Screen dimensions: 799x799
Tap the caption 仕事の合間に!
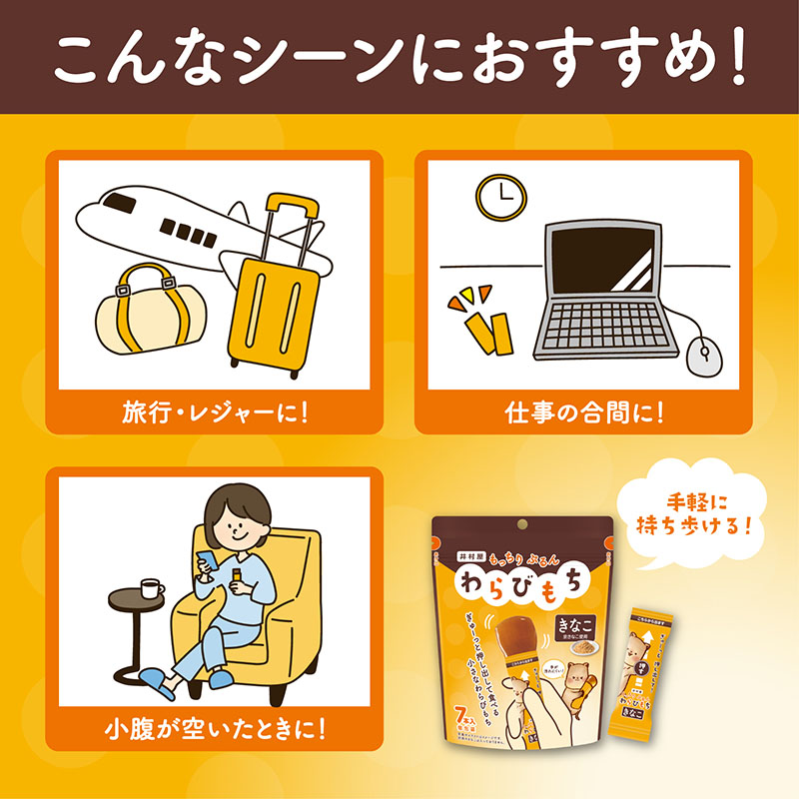(584, 410)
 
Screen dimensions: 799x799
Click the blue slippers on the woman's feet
(159, 682)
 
